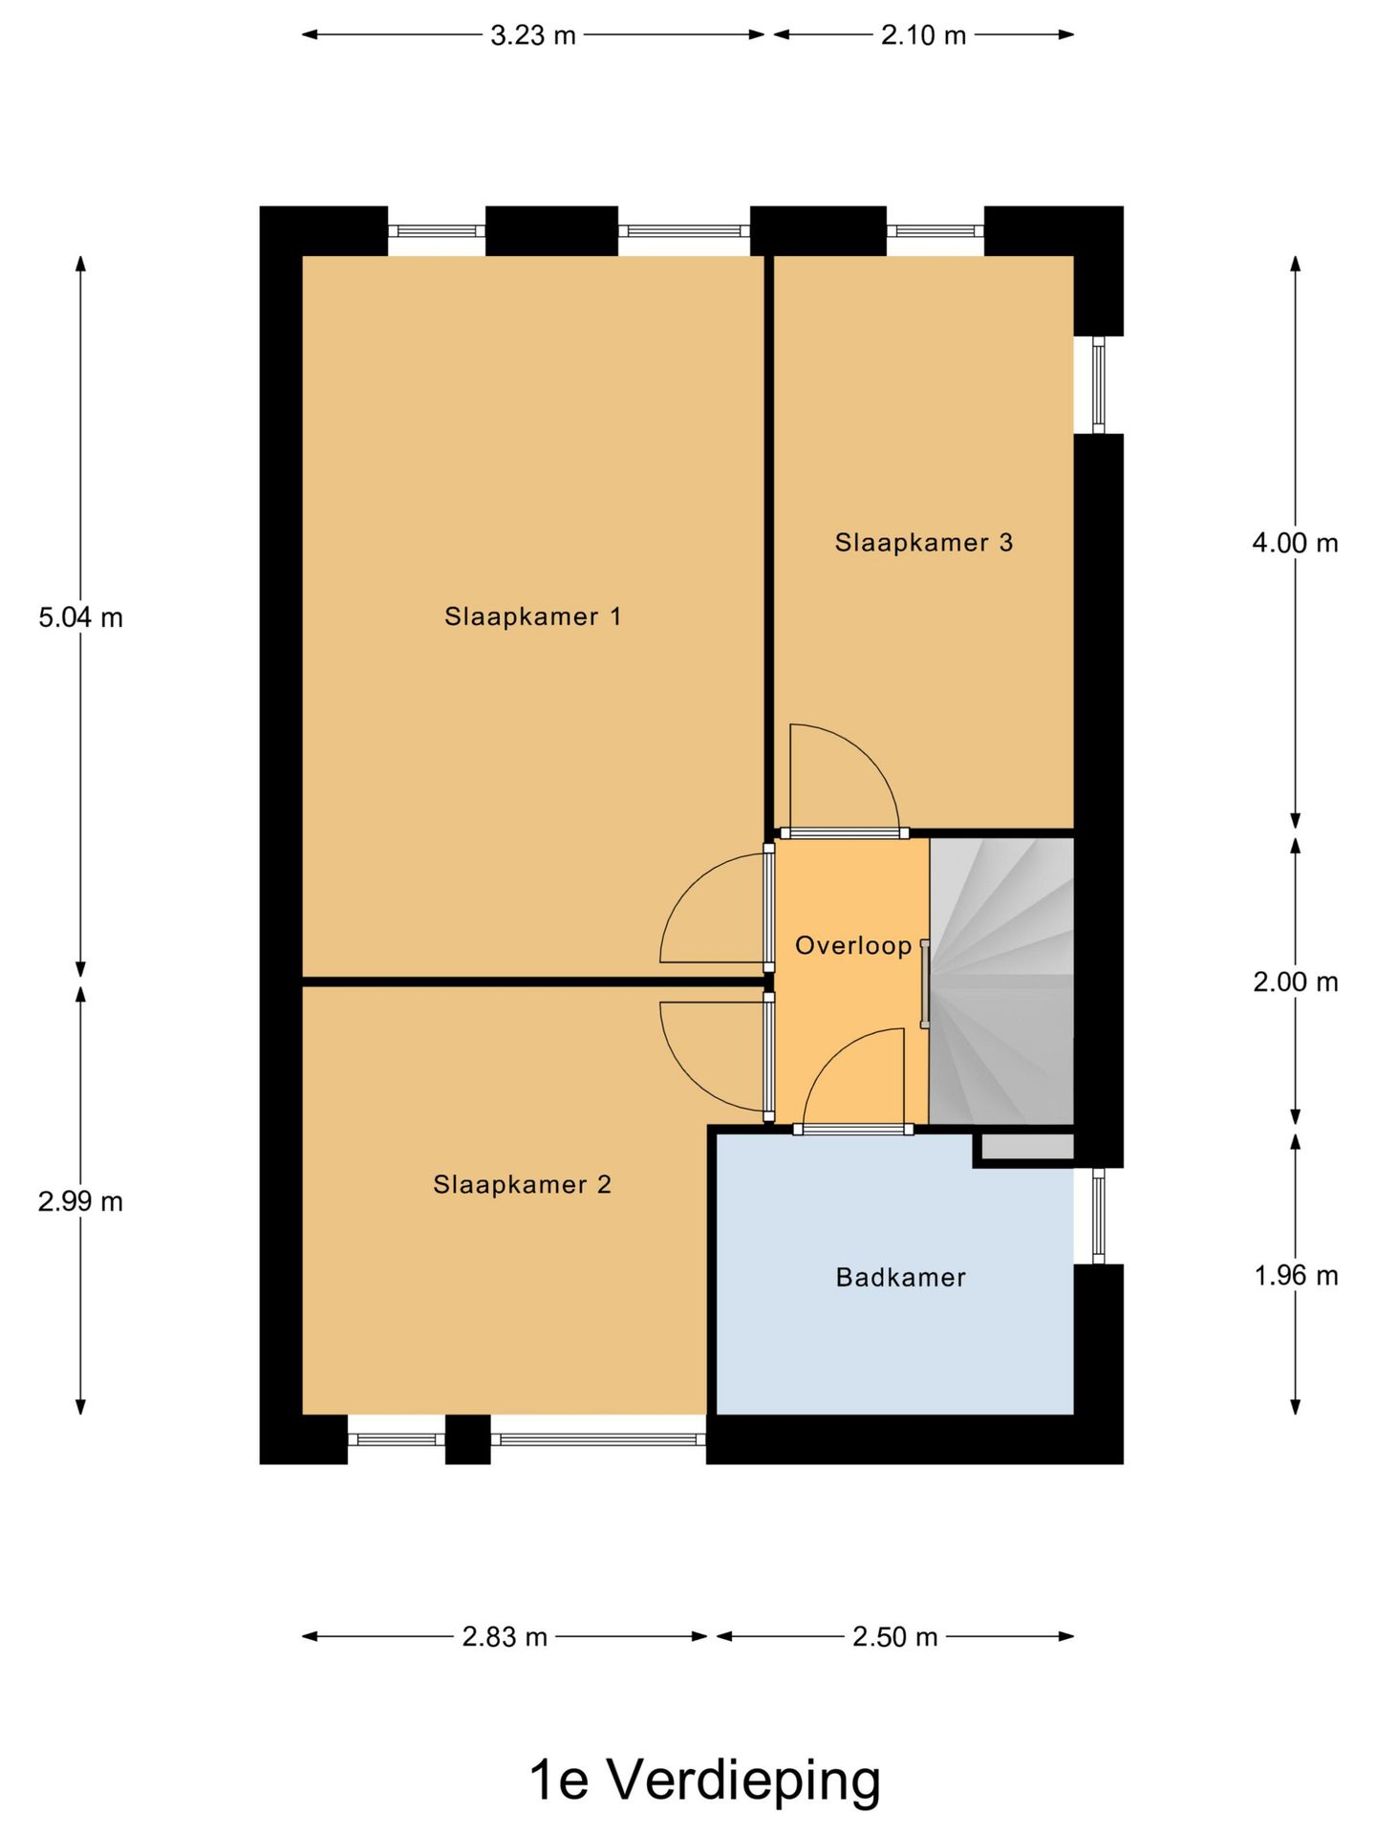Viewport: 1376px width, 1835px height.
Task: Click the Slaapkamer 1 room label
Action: (532, 616)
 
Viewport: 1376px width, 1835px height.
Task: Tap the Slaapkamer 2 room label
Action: (522, 1184)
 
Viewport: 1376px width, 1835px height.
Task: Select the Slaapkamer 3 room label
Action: (923, 543)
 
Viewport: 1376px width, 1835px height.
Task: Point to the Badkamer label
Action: (900, 1277)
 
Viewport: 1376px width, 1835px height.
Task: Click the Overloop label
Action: (853, 945)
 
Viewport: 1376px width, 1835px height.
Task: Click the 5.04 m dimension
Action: (80, 617)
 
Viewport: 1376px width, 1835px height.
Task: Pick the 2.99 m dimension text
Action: (80, 1201)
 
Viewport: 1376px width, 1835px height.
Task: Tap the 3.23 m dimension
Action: (532, 35)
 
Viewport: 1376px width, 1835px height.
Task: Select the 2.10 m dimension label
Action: (923, 35)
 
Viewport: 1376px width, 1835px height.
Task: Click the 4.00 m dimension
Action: (1295, 543)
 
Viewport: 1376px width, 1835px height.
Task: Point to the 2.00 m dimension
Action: (1295, 982)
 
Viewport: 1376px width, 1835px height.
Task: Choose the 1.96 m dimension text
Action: (1295, 1275)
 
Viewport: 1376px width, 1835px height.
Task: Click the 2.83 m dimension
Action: (505, 1637)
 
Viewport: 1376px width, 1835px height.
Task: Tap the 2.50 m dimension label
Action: (894, 1637)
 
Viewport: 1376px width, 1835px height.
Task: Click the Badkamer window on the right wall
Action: (1098, 1215)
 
